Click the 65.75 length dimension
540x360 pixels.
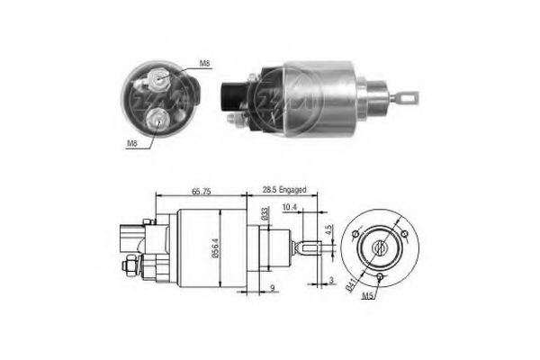coord(202,191)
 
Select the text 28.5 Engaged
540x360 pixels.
coord(284,191)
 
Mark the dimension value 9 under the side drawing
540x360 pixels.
coord(272,290)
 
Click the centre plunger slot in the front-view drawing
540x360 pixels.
coord(380,244)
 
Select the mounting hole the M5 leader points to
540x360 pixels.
coord(381,275)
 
